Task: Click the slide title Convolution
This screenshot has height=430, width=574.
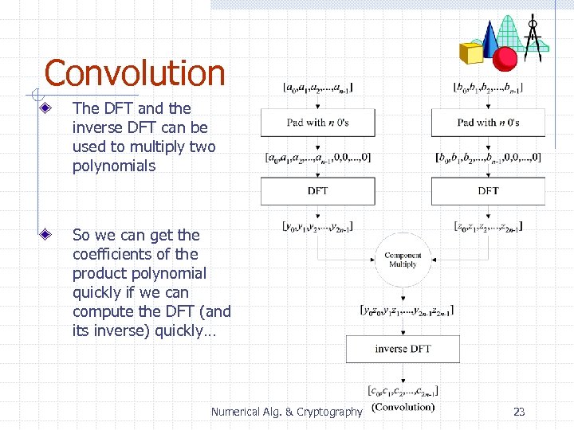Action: (134, 73)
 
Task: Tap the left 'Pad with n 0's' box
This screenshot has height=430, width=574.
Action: (317, 123)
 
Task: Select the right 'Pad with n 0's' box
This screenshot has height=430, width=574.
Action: (488, 123)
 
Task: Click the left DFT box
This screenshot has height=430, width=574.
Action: (317, 191)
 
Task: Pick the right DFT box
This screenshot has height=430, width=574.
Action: (488, 191)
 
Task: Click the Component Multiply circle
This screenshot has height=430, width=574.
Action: (403, 260)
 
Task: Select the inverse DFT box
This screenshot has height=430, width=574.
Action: (403, 349)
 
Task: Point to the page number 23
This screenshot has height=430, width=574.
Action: (519, 412)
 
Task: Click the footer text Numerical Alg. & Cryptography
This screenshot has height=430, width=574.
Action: (286, 412)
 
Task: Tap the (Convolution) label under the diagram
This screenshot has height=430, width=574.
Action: (403, 407)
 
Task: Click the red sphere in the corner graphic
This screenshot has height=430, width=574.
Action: (505, 58)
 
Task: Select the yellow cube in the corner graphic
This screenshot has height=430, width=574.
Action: (471, 53)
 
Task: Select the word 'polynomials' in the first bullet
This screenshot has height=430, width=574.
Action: (114, 166)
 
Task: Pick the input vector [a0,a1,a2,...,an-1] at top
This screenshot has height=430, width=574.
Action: (318, 87)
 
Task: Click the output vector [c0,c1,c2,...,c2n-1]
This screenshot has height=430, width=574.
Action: (403, 391)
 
